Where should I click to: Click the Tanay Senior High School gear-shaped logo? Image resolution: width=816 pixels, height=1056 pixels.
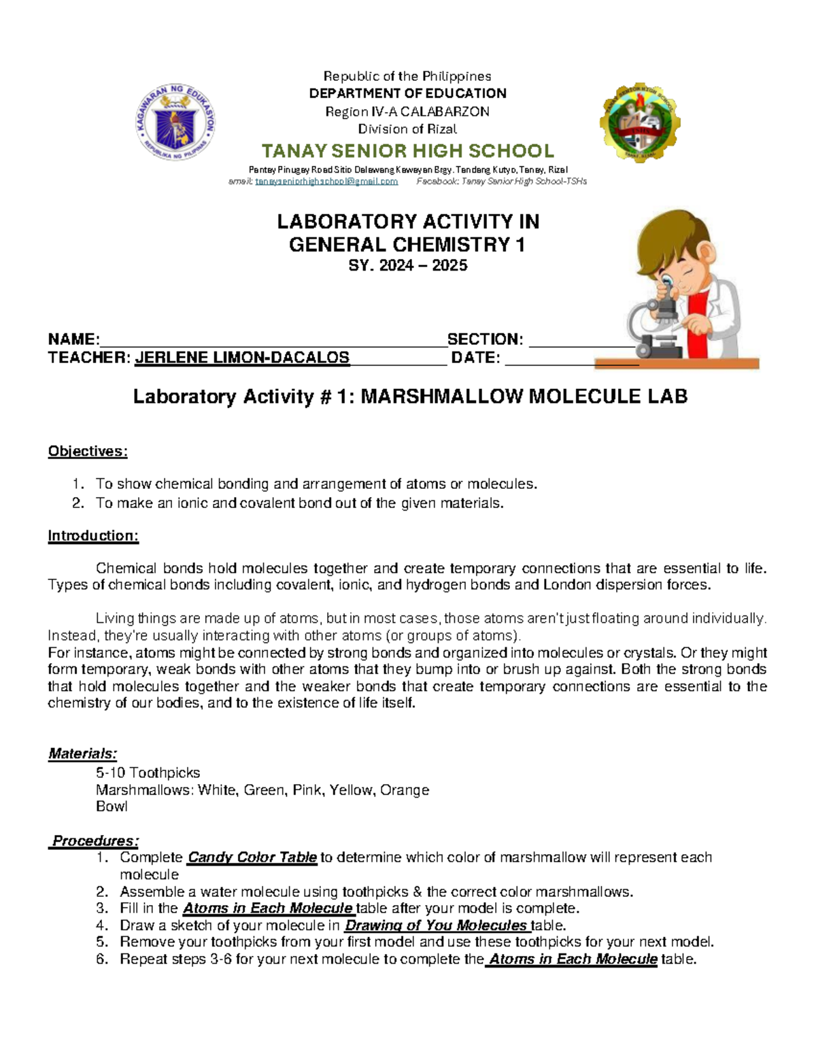point(640,122)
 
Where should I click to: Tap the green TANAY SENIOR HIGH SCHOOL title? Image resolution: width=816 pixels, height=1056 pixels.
point(408,151)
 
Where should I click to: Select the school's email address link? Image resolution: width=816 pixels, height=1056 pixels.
point(326,182)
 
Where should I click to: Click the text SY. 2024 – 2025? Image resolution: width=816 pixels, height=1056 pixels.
point(407,266)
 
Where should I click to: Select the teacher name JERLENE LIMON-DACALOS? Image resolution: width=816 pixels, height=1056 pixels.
point(242,358)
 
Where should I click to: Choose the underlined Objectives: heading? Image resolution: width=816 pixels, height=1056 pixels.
point(88,452)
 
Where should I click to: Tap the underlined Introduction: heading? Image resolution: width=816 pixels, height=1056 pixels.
point(93,536)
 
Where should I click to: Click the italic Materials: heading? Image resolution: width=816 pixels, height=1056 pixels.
point(82,753)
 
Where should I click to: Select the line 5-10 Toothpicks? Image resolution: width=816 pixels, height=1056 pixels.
point(148,773)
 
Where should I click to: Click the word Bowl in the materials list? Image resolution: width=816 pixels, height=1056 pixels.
point(112,806)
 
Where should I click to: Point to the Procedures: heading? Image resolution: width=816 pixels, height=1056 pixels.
point(96,841)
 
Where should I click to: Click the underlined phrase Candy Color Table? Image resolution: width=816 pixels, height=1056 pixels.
point(252,857)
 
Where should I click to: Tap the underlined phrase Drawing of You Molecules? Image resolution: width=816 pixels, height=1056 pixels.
point(436,925)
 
